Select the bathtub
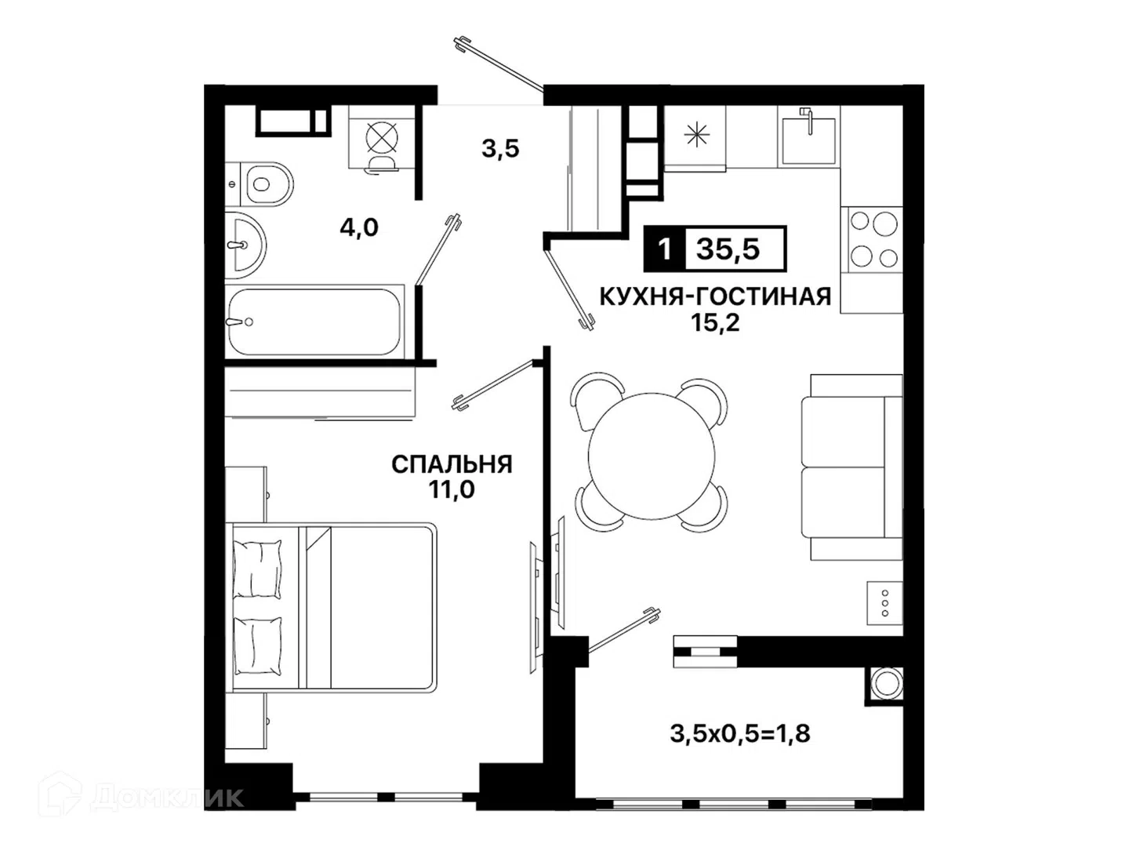tap(314, 322)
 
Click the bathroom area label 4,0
tap(359, 227)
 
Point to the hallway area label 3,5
tap(500, 149)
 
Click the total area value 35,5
tap(728, 249)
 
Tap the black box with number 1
tap(665, 249)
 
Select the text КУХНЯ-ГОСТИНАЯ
tap(716, 296)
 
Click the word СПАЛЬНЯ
tap(452, 464)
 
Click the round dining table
tap(652, 456)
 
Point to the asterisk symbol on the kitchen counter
tap(696, 135)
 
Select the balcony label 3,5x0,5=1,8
tap(739, 734)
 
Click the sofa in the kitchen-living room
tap(851, 467)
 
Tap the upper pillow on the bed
tap(257, 569)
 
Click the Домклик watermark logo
tap(141, 798)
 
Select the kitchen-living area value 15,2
tap(716, 322)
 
